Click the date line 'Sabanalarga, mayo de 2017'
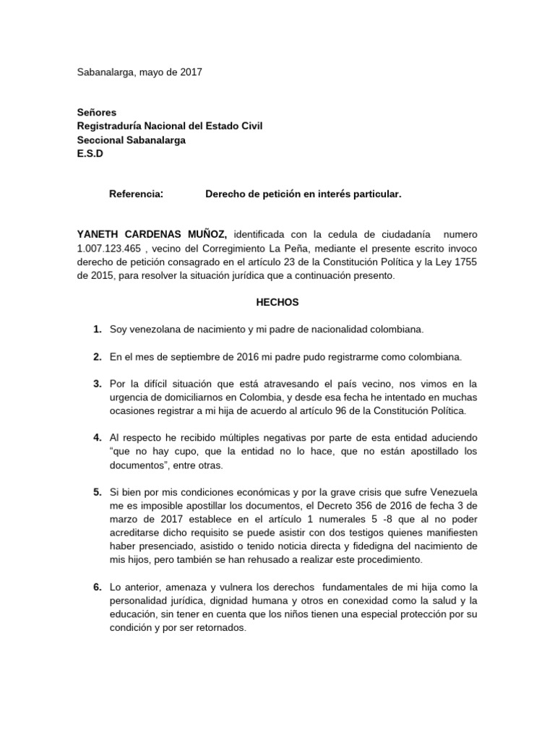tap(140, 72)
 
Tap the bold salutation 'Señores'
tap(96, 112)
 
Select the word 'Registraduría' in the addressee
tap(110, 126)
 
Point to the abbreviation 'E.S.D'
tap(90, 153)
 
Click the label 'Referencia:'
tap(136, 194)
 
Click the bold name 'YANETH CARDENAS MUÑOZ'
tap(152, 235)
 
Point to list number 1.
tap(97, 330)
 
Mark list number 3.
tap(97, 384)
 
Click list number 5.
tap(97, 493)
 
